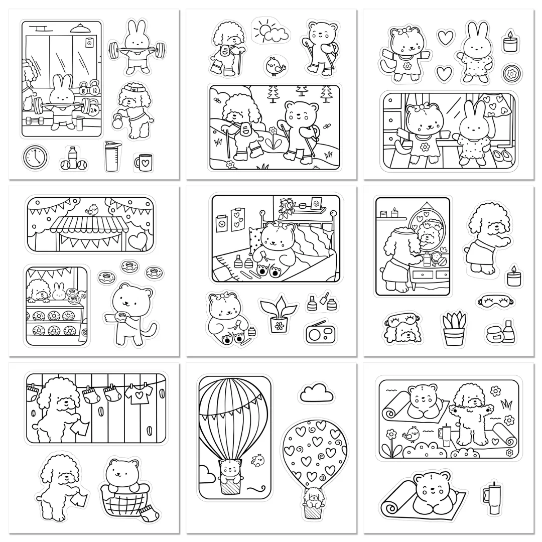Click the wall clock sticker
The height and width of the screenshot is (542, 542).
35,157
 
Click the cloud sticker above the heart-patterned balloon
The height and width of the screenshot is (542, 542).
316,392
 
